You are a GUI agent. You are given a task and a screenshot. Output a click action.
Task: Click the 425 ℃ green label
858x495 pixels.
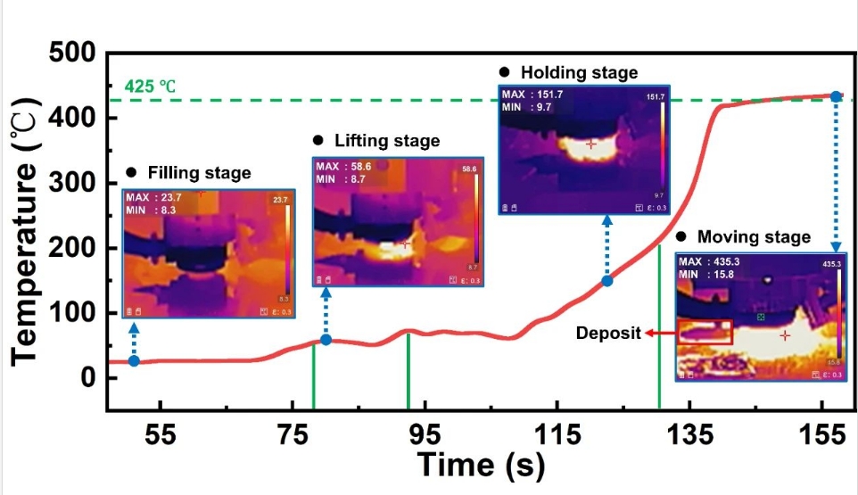(150, 87)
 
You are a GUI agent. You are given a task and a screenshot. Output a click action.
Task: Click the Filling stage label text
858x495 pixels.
(199, 172)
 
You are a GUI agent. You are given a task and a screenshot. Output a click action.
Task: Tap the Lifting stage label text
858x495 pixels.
(387, 141)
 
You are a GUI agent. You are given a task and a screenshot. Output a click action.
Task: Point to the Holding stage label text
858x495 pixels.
(579, 72)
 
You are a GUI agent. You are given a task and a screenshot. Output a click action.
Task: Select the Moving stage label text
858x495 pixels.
(754, 237)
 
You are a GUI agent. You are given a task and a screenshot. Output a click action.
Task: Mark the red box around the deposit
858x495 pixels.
(705, 333)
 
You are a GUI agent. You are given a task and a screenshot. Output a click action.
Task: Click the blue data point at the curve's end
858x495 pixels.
(836, 95)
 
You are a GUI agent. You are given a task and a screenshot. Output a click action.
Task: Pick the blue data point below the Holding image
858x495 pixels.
(606, 281)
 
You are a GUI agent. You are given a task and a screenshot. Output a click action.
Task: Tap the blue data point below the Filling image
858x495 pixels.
(134, 360)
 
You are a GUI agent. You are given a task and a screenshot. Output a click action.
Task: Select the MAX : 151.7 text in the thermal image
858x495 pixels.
(537, 94)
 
